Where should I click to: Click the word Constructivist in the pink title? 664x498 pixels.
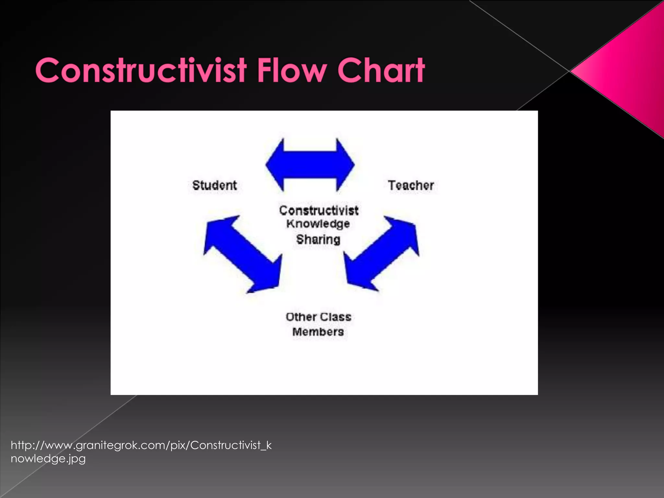coord(141,70)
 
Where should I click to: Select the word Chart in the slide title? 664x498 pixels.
coord(381,70)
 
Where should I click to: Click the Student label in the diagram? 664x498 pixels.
coord(215,185)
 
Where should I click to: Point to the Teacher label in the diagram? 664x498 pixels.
coord(411,185)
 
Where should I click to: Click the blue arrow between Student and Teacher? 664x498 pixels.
coord(310,165)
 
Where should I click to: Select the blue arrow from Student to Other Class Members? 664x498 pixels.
coord(243,254)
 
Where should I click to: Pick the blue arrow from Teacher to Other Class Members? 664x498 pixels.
coord(382,254)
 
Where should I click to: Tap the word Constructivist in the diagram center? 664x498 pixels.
coord(319,211)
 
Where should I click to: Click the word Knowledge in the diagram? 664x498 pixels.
coord(318,224)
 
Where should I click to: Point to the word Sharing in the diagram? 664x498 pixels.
coord(318,240)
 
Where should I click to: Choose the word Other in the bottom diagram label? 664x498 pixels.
coord(301,317)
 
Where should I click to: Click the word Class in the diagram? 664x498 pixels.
coord(336,317)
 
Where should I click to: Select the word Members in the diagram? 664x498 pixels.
coord(318,332)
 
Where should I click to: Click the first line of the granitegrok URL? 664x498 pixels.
coord(141,445)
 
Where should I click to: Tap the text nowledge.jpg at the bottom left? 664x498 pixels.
coord(48,459)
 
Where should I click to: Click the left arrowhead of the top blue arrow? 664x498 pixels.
coord(276,165)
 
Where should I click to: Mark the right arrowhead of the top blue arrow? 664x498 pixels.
coord(345,165)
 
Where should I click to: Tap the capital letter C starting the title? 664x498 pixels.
coord(49,71)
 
